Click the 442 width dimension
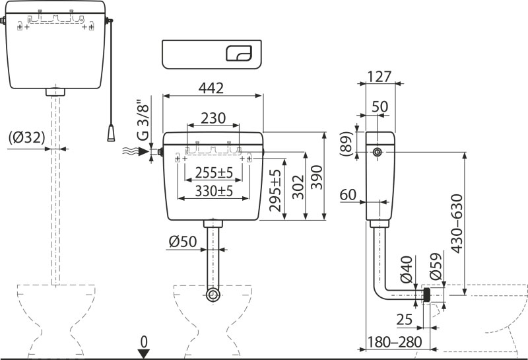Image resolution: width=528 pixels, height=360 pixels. pyautogui.click(x=213, y=87)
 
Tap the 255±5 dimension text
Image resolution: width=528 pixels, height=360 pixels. pyautogui.click(x=213, y=173)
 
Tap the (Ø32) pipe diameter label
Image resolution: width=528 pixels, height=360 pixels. pyautogui.click(x=27, y=138)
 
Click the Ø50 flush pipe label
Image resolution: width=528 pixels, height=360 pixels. pyautogui.click(x=182, y=242)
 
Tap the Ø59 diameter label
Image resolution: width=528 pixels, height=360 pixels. pyautogui.click(x=436, y=268)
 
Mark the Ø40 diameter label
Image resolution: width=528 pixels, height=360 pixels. pyautogui.click(x=408, y=270)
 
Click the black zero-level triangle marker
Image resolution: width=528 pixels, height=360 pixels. pyautogui.click(x=143, y=353)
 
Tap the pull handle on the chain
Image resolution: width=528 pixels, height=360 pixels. pyautogui.click(x=110, y=133)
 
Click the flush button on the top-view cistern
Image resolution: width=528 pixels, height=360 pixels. pyautogui.click(x=239, y=54)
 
